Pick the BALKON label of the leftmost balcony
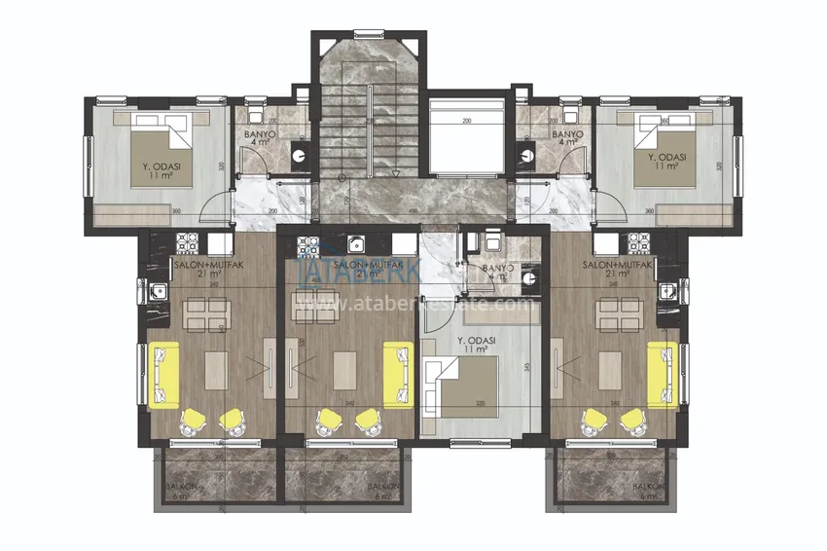tap(179, 485)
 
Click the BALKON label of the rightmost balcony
tap(647, 485)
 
